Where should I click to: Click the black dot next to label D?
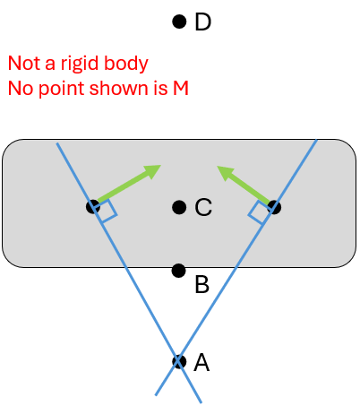[x=179, y=22]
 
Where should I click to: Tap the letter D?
[x=203, y=22]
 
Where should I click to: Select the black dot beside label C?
[x=179, y=207]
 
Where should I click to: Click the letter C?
[x=203, y=207]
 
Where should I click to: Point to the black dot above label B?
[x=179, y=271]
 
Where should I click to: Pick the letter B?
[x=201, y=284]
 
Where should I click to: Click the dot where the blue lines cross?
[x=179, y=362]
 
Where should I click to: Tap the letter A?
[x=201, y=362]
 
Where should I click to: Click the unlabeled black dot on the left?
[x=93, y=207]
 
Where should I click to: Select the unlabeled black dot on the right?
[x=274, y=207]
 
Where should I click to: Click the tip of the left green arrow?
[x=161, y=165]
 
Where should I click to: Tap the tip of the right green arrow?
[x=217, y=166]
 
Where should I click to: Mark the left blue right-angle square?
[x=106, y=212]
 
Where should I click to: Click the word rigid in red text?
[x=80, y=64]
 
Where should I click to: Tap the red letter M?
[x=181, y=89]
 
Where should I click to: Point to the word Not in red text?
[x=24, y=63]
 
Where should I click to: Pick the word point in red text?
[x=62, y=89]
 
